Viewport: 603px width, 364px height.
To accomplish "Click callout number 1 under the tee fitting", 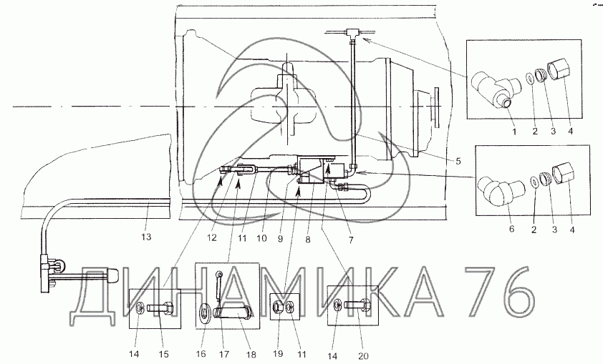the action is (514, 132).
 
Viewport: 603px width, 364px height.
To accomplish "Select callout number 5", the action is (458, 162).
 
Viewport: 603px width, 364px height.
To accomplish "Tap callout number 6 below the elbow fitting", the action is (511, 230).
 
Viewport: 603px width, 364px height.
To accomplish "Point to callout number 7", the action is (350, 240).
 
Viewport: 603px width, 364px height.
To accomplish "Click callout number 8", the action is (308, 240).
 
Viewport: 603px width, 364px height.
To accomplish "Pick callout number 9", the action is (280, 239).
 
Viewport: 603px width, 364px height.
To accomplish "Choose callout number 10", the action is (261, 238).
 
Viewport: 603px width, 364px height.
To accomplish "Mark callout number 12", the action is (212, 238).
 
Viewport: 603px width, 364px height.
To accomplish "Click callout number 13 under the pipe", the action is (146, 237).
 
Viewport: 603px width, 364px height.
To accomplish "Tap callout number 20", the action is (363, 356).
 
